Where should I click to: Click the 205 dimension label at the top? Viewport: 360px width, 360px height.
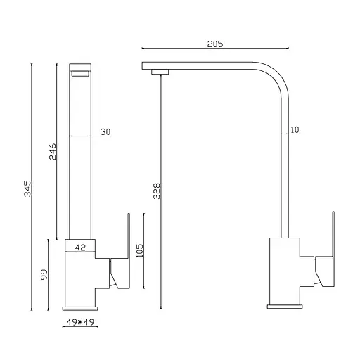click(x=215, y=44)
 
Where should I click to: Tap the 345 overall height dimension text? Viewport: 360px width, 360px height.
click(x=27, y=188)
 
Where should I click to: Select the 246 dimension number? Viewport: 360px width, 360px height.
click(x=53, y=151)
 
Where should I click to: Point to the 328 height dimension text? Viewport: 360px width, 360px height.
click(x=157, y=191)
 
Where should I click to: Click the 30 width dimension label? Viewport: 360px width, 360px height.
click(x=105, y=132)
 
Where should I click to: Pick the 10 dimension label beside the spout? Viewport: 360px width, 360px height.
click(x=295, y=130)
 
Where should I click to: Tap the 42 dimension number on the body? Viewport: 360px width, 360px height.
click(x=80, y=247)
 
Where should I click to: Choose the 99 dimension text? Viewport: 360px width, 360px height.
click(x=44, y=274)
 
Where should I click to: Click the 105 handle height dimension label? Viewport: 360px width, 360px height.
click(x=139, y=250)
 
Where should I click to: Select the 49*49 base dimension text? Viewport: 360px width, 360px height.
click(x=80, y=322)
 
